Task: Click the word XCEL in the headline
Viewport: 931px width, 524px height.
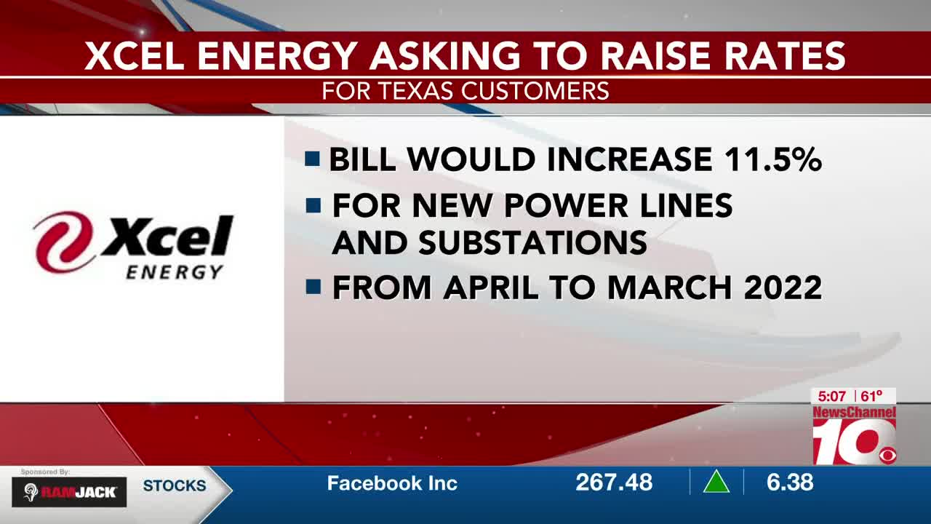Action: [x=135, y=55]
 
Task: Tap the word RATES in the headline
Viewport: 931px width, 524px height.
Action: [x=785, y=55]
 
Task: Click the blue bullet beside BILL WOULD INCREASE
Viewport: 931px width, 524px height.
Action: [x=312, y=159]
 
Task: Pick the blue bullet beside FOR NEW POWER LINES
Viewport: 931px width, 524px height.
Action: [x=313, y=205]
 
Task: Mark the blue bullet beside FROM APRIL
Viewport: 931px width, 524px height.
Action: [x=313, y=287]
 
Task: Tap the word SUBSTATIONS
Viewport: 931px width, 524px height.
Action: [x=533, y=242]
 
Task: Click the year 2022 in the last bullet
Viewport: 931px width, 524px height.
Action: [x=783, y=287]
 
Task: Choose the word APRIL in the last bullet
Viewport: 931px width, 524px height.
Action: [x=490, y=287]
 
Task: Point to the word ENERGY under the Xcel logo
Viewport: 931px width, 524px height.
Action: [x=175, y=272]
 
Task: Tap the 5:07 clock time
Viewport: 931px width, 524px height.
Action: [x=831, y=397]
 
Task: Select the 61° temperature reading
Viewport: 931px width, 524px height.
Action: [x=871, y=396]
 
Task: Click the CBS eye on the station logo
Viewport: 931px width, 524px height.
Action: [x=887, y=456]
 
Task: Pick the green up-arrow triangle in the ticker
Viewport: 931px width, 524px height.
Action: [x=716, y=482]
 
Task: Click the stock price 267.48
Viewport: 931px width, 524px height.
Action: [x=614, y=483]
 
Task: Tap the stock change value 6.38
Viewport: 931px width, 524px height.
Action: [x=790, y=483]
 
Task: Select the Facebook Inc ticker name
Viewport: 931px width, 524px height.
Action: [x=392, y=483]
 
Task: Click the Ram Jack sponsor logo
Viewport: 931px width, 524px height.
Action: [x=69, y=492]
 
